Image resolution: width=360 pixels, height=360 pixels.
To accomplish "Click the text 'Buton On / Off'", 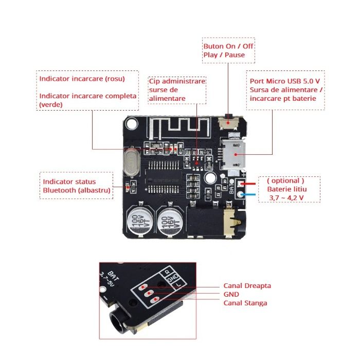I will coord(228,46).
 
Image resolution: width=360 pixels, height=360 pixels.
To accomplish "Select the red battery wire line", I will coord(252,183).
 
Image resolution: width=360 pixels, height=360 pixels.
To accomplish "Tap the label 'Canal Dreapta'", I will coord(247,285).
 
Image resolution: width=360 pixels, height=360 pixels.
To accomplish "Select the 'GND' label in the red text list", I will coord(231,294).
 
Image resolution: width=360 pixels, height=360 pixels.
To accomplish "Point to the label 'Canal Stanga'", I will coord(245,303).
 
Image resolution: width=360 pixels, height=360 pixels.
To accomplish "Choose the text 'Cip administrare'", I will coord(177,81).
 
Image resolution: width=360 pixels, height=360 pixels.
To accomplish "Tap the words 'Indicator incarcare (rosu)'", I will coord(82,79).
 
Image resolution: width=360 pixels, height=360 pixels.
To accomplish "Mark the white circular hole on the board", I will coord(210,178).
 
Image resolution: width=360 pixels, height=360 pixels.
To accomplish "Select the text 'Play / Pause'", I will coord(224,55).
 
